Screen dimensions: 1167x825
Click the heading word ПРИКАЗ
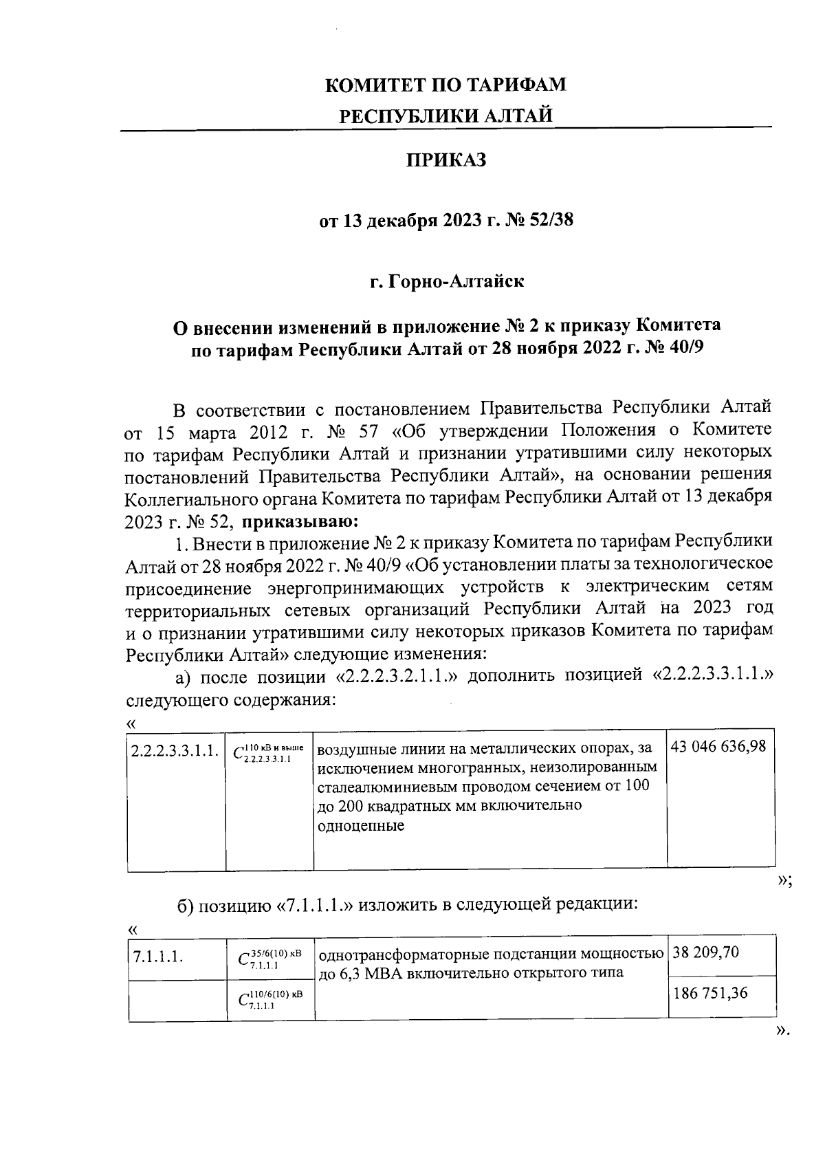[445, 161]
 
